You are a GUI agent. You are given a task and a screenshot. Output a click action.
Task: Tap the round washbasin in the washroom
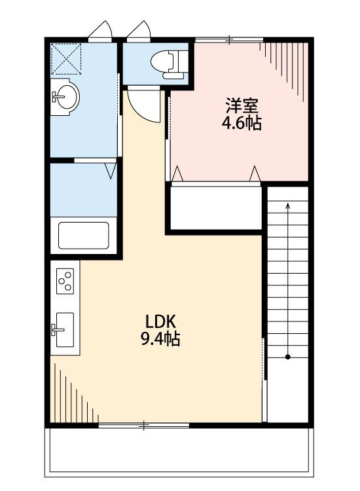pyautogui.click(x=67, y=96)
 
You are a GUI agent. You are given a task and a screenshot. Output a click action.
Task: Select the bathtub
pyautogui.click(x=84, y=236)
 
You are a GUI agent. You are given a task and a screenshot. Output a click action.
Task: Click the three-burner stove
pyautogui.click(x=65, y=281)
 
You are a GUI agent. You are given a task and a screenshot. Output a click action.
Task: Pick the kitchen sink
pyautogui.click(x=65, y=329)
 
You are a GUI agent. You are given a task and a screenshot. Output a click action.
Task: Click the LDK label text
pyautogui.click(x=160, y=321)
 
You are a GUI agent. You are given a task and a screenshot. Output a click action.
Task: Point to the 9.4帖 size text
pyautogui.click(x=160, y=338)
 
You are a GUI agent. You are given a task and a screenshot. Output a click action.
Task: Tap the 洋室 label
pyautogui.click(x=242, y=105)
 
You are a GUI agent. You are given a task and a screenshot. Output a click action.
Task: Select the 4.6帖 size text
pyautogui.click(x=242, y=123)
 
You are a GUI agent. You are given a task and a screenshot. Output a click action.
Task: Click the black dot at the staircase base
pyautogui.click(x=288, y=357)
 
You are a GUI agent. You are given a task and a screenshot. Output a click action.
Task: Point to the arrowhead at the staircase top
pyautogui.click(x=288, y=205)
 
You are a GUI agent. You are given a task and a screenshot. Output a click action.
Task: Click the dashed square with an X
pyautogui.click(x=66, y=59)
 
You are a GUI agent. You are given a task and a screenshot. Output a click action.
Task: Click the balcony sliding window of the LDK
pyautogui.click(x=144, y=426)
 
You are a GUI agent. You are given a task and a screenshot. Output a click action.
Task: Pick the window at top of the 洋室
pyautogui.click(x=230, y=40)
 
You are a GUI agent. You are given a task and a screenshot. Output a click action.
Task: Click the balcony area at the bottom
pyautogui.click(x=179, y=452)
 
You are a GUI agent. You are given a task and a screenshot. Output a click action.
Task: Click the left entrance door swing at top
pyautogui.click(x=101, y=31)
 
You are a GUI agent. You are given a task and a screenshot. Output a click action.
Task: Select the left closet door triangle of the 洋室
pyautogui.click(x=177, y=174)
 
